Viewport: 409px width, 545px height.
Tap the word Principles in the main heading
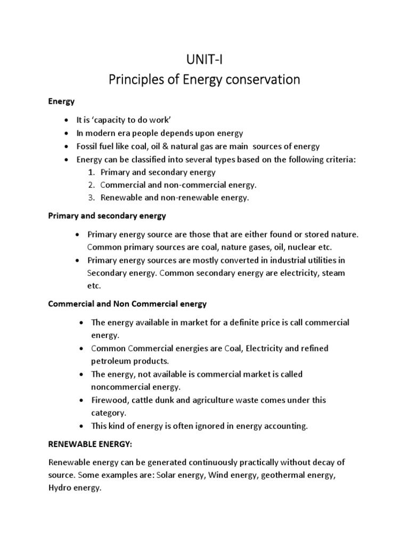click(x=135, y=80)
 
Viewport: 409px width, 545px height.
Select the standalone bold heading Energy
click(x=61, y=101)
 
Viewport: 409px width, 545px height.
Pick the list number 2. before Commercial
click(x=91, y=185)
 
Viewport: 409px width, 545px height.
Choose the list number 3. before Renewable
click(x=91, y=197)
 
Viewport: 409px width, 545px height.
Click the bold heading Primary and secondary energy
click(x=107, y=216)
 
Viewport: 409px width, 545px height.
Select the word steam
click(x=332, y=272)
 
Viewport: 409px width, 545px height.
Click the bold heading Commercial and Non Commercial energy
click(x=127, y=304)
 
